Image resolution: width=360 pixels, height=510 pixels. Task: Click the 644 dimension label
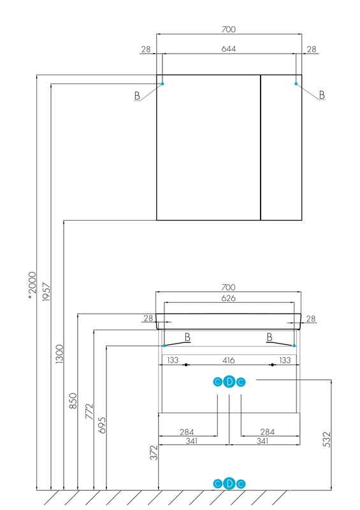point(228,49)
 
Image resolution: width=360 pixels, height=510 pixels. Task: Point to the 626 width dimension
point(228,298)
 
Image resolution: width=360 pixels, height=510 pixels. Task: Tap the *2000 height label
point(32,286)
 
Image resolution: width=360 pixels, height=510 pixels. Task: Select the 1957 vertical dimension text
point(47,292)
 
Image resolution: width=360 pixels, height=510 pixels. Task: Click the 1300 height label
point(59,354)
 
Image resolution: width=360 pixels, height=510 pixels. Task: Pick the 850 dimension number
point(73,401)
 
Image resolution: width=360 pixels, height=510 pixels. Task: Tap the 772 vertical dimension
point(89,411)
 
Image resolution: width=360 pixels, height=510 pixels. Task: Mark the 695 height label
point(102,425)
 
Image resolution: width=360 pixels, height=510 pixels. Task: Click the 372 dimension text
point(154,453)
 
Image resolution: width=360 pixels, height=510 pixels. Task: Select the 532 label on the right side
point(327,439)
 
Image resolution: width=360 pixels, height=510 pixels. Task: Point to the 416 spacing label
point(228,360)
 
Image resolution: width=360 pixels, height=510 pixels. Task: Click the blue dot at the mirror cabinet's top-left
point(162,84)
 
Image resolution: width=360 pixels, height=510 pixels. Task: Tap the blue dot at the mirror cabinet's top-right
point(296,84)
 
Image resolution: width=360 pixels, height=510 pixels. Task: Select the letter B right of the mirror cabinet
point(322,95)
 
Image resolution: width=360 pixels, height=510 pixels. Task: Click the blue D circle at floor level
point(229,484)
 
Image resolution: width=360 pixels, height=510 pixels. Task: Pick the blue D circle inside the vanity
point(229,382)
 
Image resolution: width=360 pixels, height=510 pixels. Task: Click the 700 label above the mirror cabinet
point(228,29)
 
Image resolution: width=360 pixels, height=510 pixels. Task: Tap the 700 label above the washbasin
point(228,288)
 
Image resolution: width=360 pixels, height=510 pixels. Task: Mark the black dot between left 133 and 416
point(186,365)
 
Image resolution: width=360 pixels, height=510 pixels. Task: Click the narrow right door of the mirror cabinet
point(281,147)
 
